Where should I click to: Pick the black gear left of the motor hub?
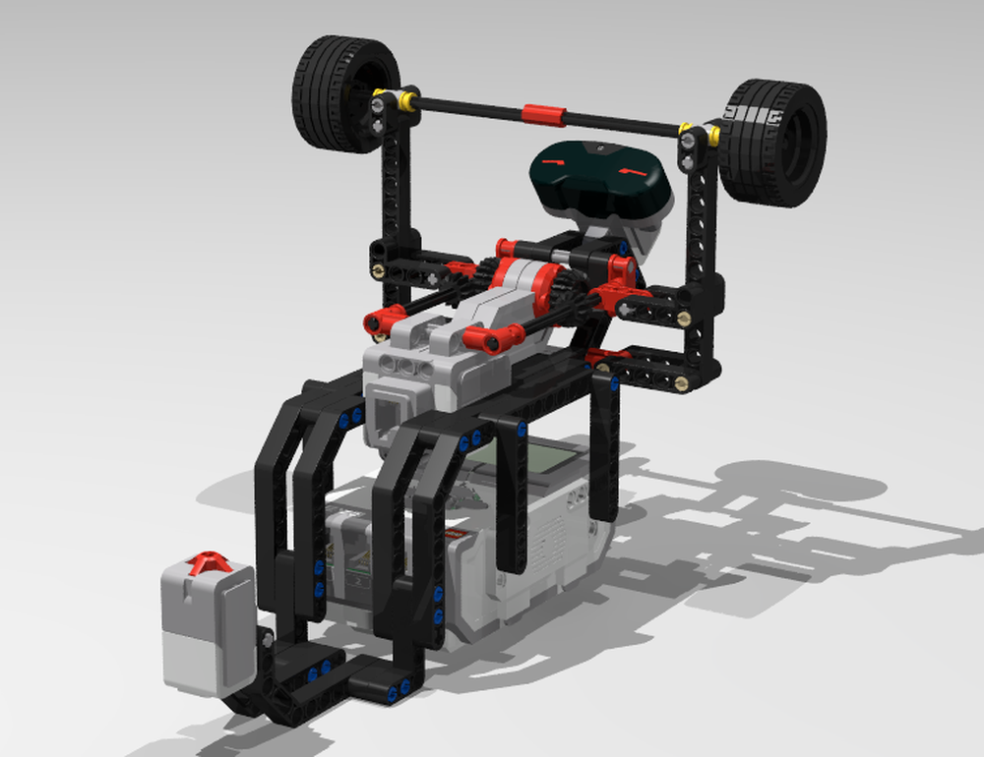(x=489, y=271)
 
